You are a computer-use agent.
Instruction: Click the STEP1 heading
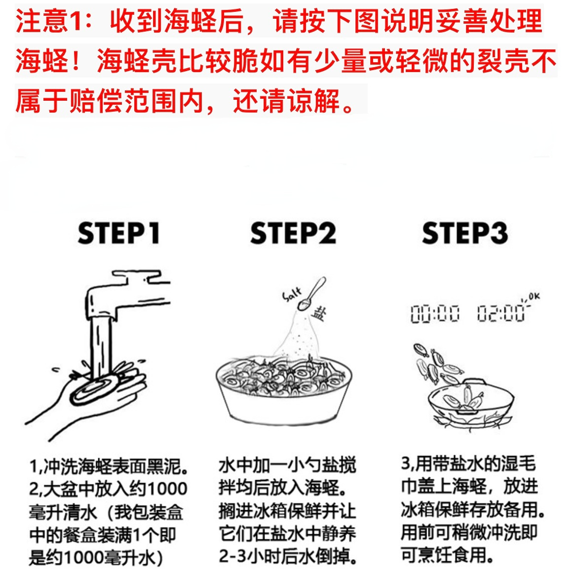point(119,233)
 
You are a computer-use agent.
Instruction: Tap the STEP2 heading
point(293,233)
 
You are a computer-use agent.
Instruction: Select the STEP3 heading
point(465,233)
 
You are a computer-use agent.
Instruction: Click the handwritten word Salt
point(292,294)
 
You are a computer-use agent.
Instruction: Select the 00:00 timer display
point(435,314)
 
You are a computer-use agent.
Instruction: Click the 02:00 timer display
point(501,314)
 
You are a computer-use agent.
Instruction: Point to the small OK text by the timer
point(534,296)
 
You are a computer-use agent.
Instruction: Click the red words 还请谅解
point(286,100)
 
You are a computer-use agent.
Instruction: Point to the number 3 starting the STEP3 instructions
point(405,463)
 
